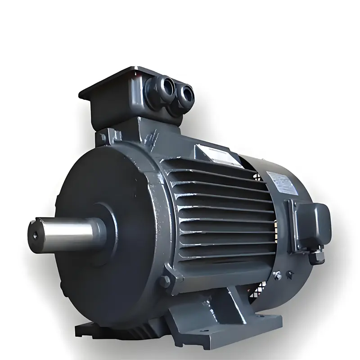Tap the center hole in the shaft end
tap(35, 235)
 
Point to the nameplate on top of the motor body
tap(213, 153)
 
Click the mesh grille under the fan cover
tap(259, 288)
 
